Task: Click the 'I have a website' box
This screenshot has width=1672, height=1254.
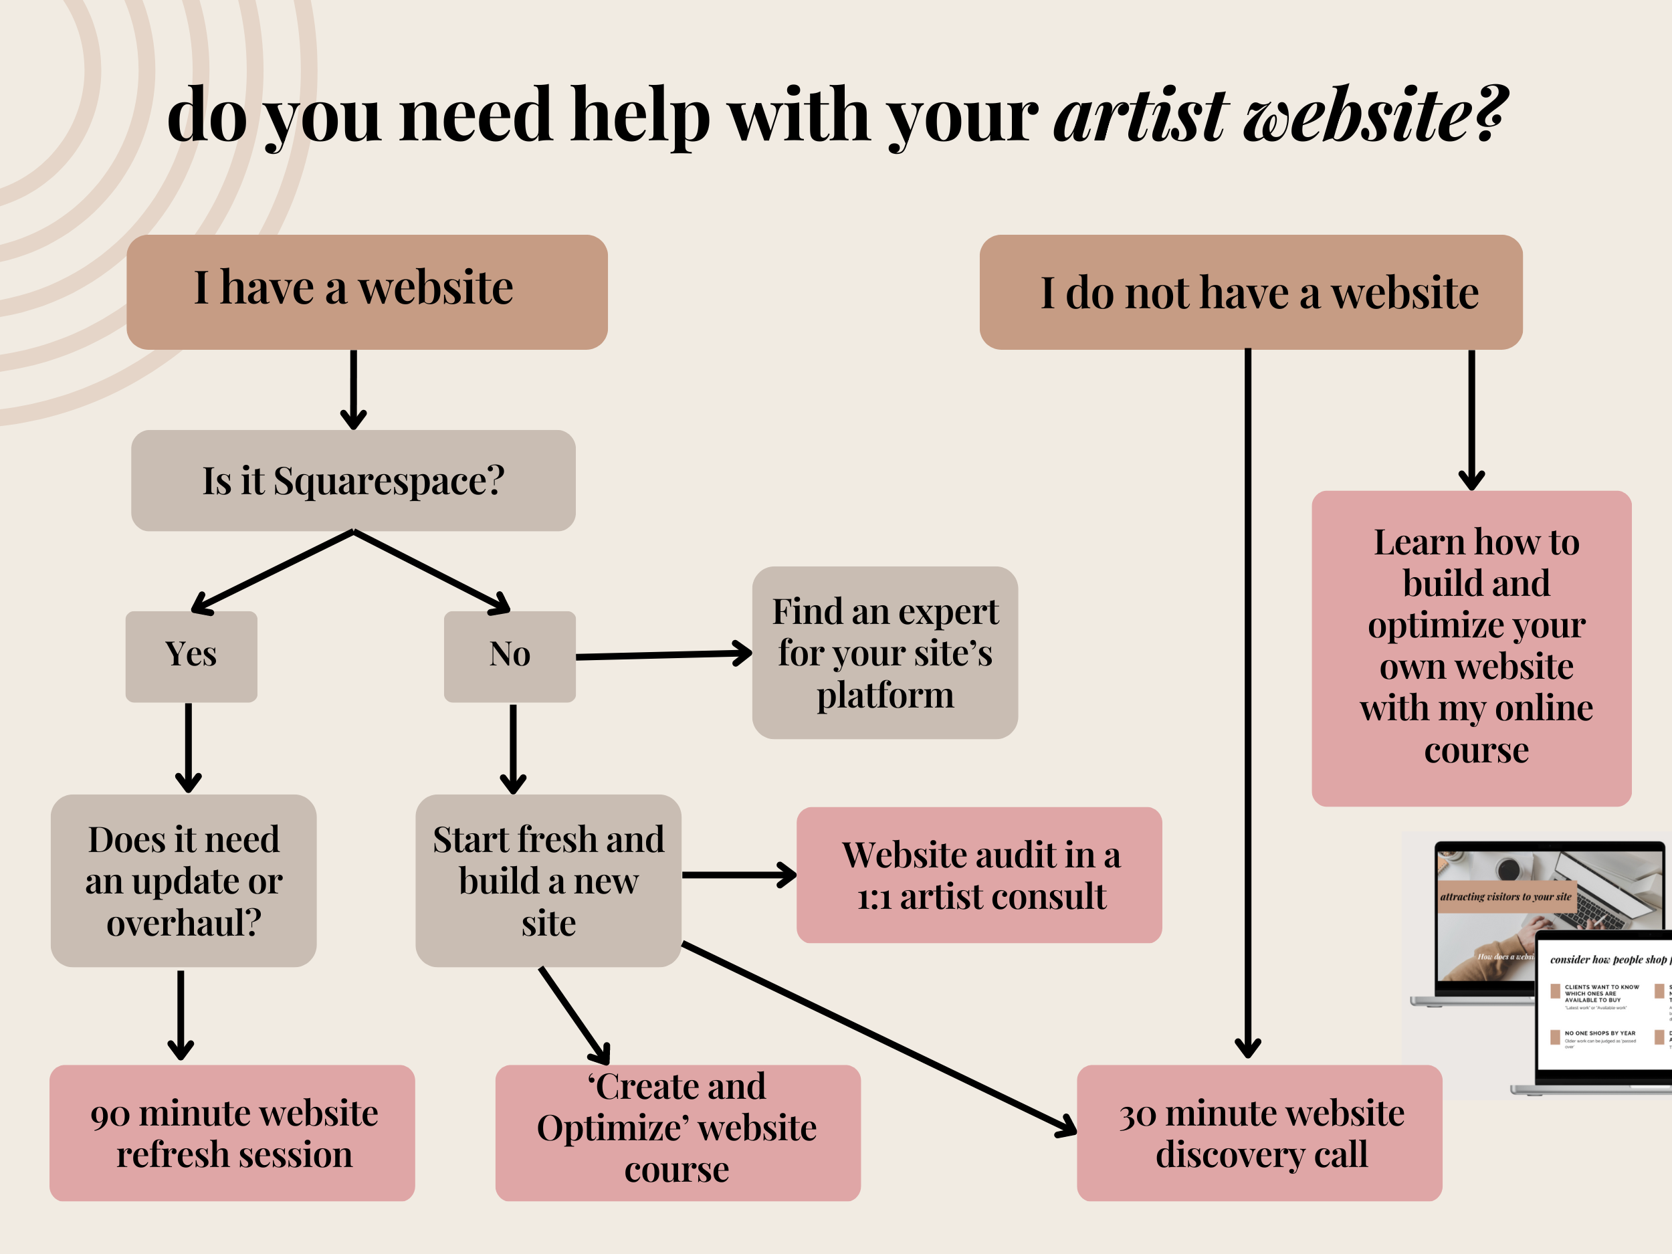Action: point(367,292)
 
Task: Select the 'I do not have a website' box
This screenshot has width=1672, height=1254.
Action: point(1250,292)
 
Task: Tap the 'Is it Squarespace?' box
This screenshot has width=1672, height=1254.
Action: point(353,481)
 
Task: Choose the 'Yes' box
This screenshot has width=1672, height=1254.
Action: point(191,656)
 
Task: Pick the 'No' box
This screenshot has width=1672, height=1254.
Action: point(510,656)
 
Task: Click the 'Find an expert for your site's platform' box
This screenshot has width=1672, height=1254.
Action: point(884,652)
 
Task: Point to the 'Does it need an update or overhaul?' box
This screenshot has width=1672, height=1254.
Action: point(184,881)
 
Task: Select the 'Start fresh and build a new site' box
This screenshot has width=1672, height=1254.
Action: point(548,881)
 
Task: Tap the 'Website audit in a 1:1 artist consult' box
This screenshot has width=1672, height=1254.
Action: point(979,875)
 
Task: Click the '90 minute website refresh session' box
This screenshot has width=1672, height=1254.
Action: point(232,1133)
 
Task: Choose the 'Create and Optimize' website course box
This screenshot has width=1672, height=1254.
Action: point(677,1133)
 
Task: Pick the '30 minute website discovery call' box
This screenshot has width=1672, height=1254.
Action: point(1259,1133)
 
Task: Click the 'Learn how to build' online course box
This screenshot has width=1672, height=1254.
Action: point(1471,648)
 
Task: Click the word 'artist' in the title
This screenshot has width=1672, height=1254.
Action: point(1140,115)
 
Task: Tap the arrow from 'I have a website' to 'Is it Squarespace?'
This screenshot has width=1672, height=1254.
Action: point(353,389)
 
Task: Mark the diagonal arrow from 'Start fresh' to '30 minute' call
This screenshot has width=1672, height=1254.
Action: point(877,1037)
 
